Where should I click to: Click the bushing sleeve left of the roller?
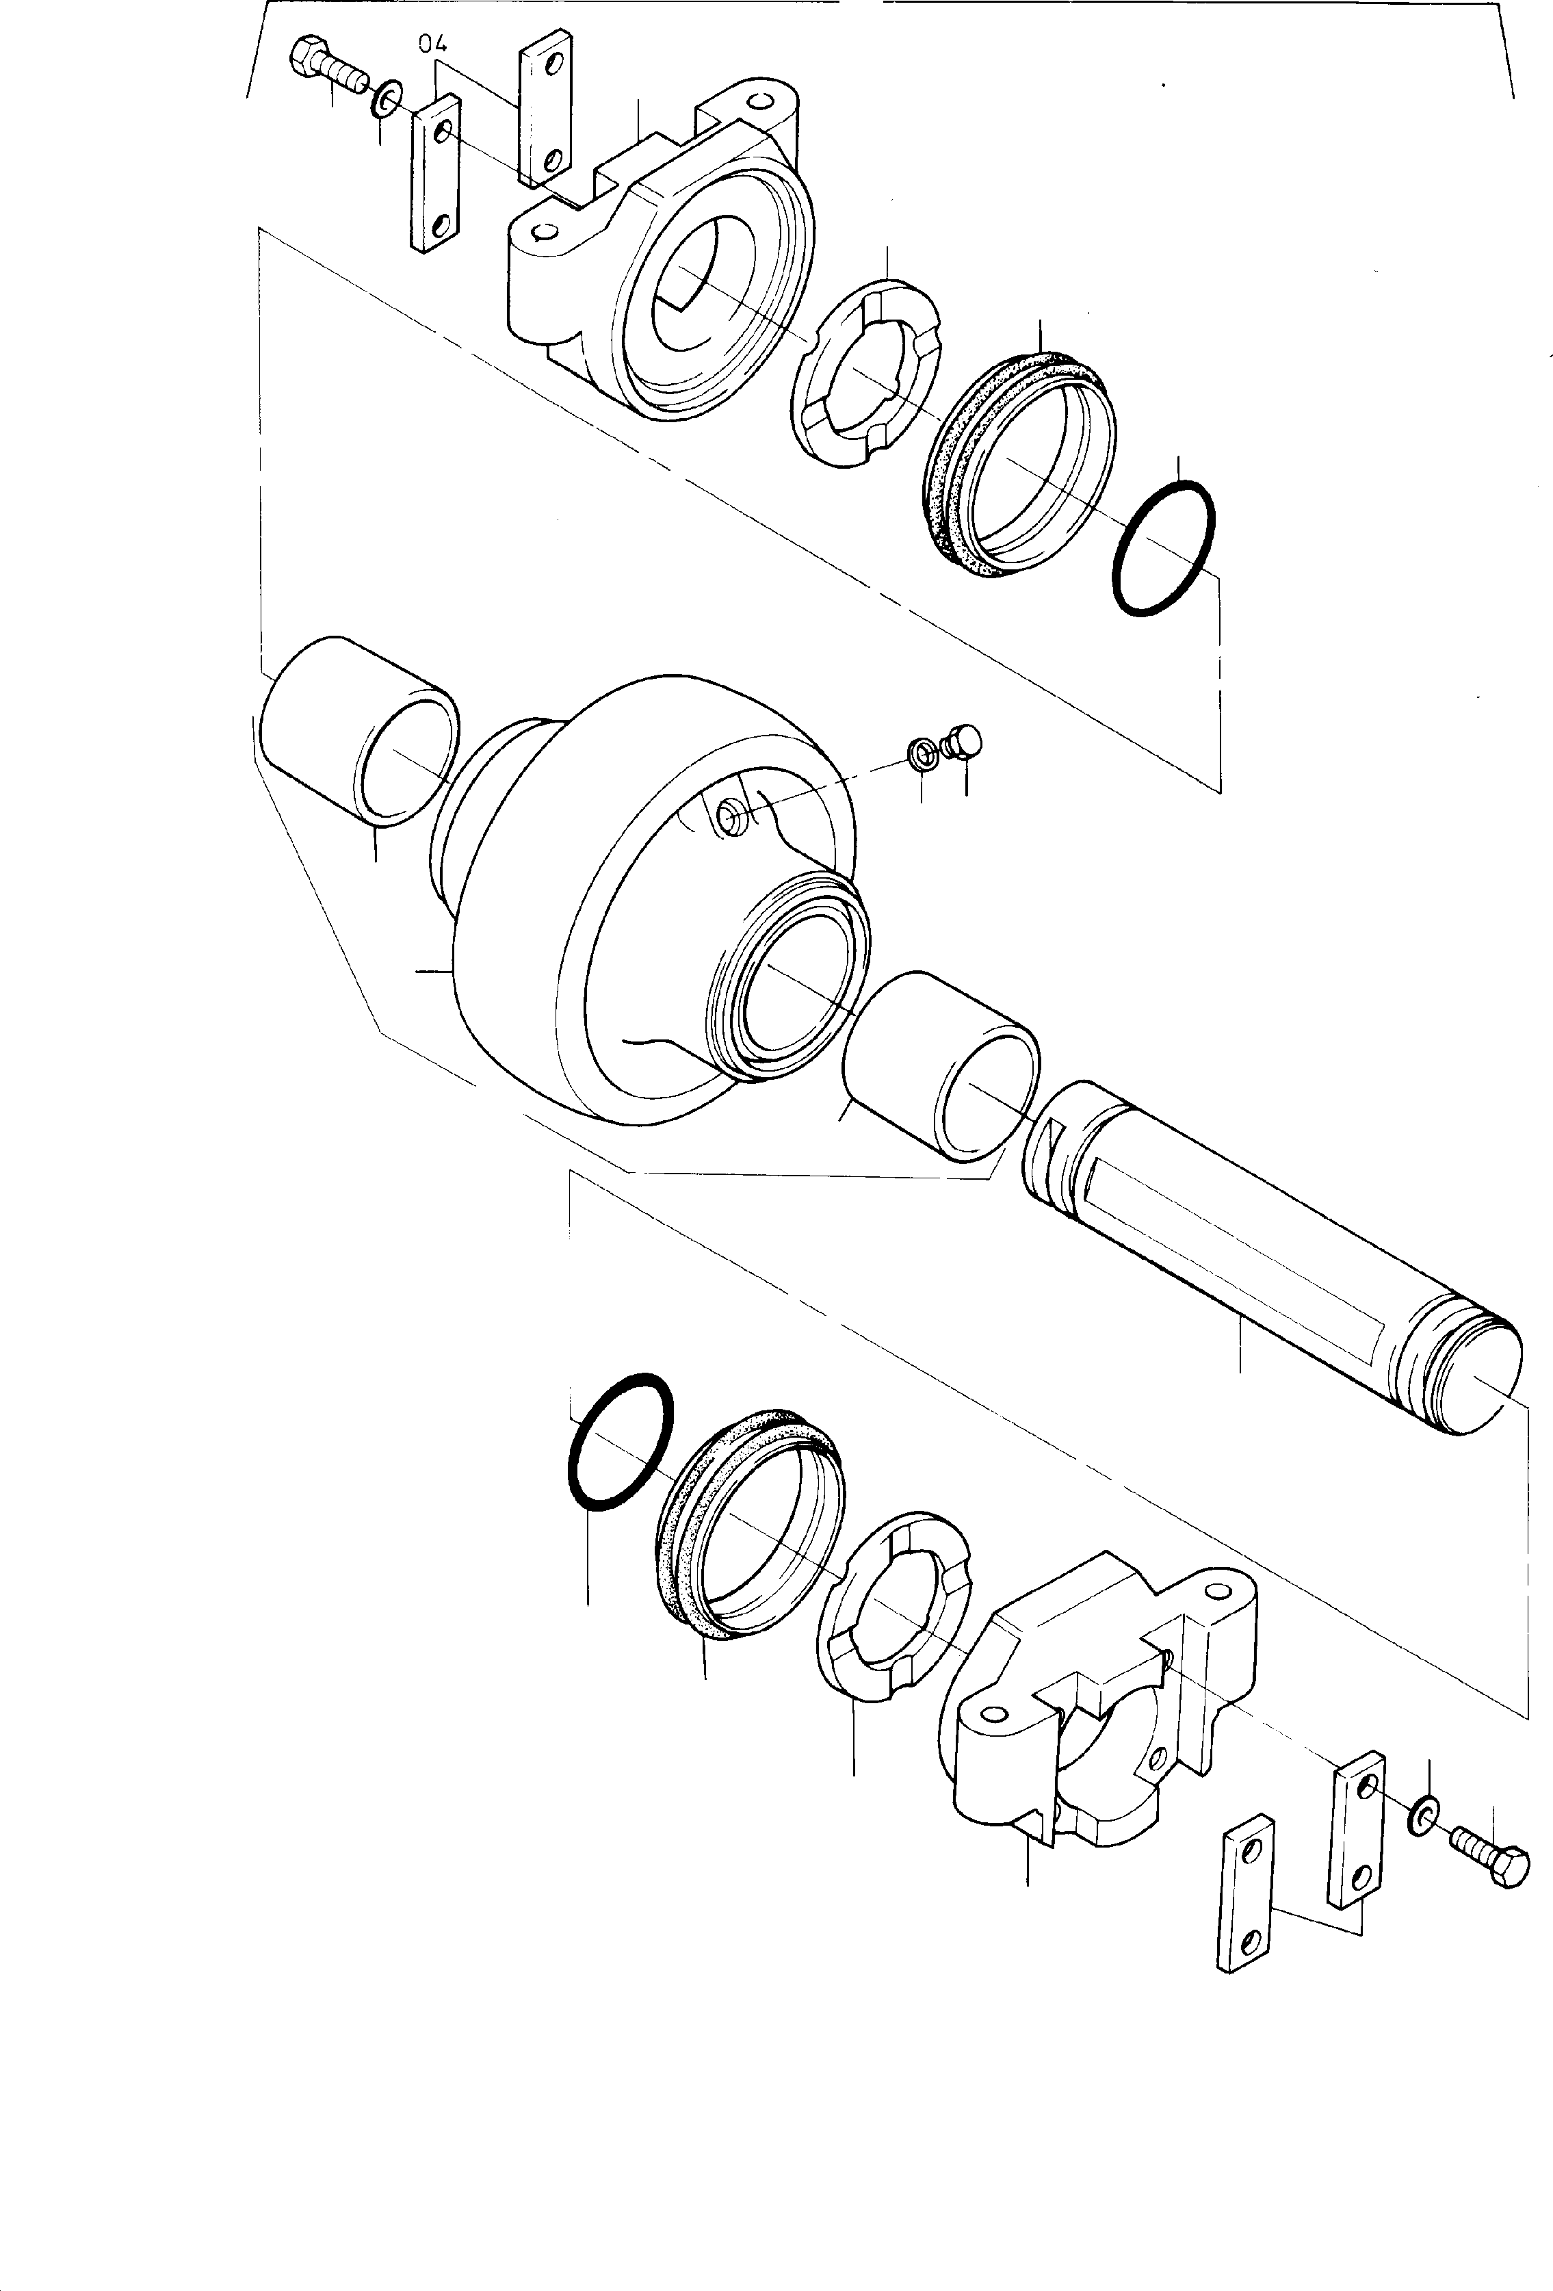pyautogui.click(x=360, y=729)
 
